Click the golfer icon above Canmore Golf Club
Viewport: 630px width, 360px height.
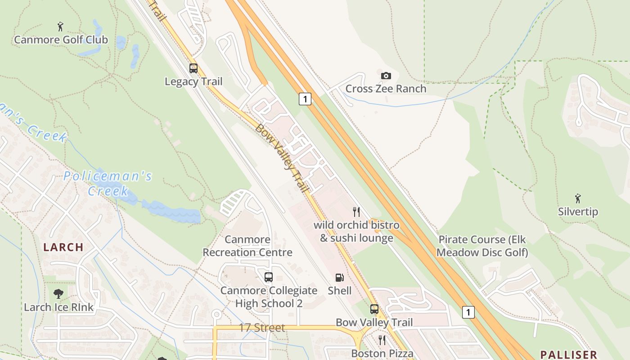(x=60, y=26)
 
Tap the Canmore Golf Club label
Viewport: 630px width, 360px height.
(x=61, y=40)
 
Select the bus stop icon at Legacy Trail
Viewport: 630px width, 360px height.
(x=193, y=68)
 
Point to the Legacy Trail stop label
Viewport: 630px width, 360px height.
(x=193, y=81)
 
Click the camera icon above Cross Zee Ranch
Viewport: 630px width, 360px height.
(x=386, y=76)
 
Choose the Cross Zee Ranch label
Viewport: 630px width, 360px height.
(x=386, y=89)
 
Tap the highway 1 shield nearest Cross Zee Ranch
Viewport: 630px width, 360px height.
(x=305, y=99)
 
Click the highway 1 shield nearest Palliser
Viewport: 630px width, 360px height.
(x=468, y=312)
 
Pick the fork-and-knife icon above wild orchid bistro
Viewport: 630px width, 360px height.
(x=356, y=211)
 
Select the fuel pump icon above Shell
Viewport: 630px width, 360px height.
(x=339, y=278)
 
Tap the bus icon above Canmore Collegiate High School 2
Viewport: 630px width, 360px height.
(x=269, y=277)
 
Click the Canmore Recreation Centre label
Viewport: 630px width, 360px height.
(x=247, y=246)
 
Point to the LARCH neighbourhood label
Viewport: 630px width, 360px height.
(x=63, y=247)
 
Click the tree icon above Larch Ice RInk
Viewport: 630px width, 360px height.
(x=58, y=294)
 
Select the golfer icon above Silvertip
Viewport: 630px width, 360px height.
(x=578, y=198)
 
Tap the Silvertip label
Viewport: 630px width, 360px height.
(x=578, y=211)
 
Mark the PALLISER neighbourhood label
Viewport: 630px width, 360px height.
(x=568, y=355)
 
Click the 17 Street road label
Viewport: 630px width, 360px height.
(x=261, y=328)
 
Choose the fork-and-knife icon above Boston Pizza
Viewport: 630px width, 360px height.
(x=382, y=340)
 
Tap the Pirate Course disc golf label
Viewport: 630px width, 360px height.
(x=482, y=246)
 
